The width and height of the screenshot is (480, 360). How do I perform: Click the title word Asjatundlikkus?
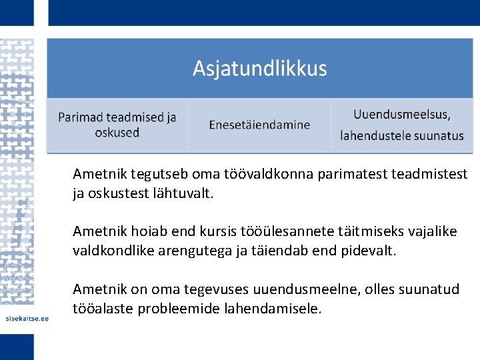pos(260,69)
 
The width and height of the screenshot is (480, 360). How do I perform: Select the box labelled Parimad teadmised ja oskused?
pos(117,125)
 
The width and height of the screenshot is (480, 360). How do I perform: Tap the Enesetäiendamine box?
pos(259,125)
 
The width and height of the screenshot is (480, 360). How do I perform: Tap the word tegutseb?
pos(160,175)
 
